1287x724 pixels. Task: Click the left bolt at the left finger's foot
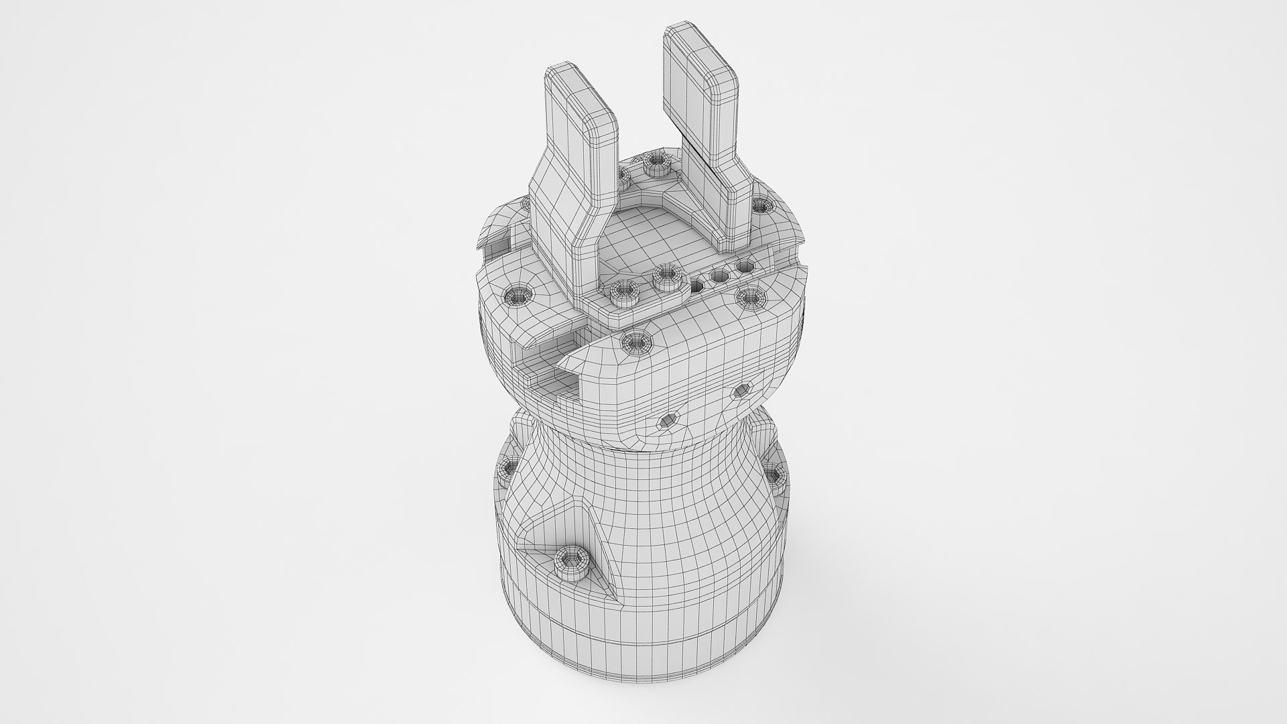[x=625, y=291]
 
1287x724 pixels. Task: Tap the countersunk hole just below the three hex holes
[x=749, y=295]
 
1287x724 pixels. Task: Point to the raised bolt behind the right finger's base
[x=654, y=162]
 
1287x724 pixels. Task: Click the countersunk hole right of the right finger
[x=760, y=204]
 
